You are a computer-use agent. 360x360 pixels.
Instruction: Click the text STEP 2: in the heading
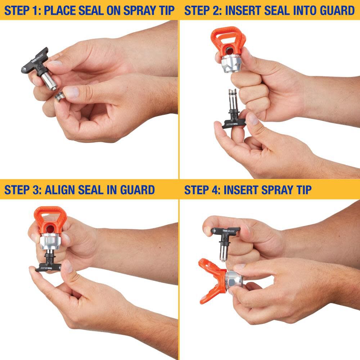tap(203, 10)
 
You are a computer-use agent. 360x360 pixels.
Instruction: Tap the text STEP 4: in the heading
tap(203, 190)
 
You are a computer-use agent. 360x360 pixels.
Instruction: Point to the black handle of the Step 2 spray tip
tap(234, 123)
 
